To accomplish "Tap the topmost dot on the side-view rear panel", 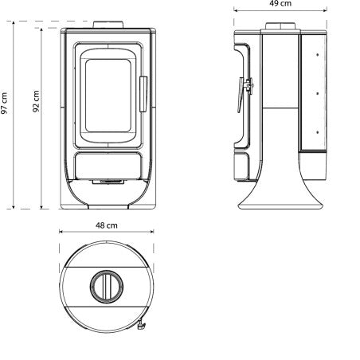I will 317,57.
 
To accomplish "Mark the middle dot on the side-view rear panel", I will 317,92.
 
